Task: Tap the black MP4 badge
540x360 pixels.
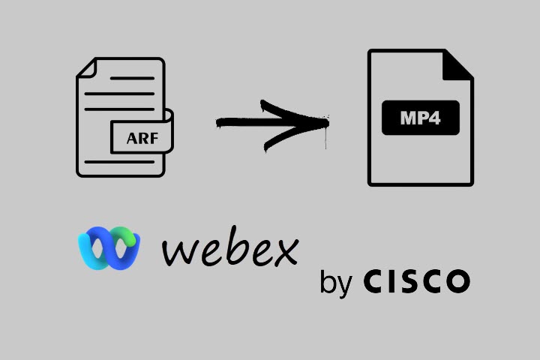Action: [x=420, y=118]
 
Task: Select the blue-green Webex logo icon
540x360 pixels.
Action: [x=109, y=247]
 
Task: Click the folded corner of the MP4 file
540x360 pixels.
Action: [x=458, y=64]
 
